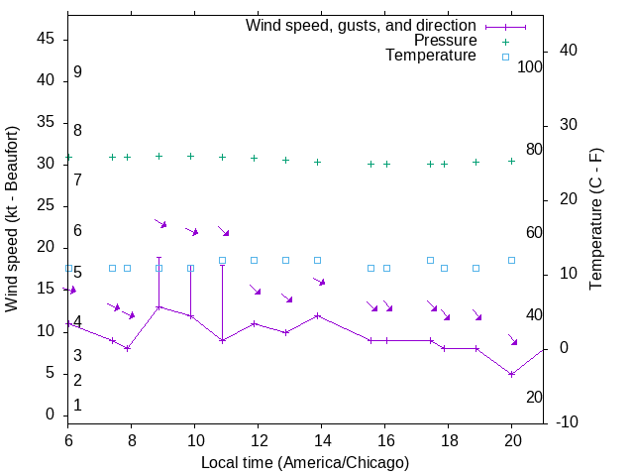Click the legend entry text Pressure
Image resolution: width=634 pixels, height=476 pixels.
445,41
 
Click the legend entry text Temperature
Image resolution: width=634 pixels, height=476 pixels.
431,56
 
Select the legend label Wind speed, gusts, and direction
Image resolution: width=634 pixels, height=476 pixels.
362,25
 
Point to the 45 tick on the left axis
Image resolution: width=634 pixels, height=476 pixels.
46,38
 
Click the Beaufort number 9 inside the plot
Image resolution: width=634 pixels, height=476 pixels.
77,72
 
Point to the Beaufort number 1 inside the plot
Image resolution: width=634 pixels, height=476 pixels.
77,406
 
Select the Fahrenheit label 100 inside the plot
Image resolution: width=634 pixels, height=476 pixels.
530,66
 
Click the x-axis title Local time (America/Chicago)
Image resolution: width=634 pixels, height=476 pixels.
305,462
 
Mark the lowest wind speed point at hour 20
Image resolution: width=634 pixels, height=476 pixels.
511,374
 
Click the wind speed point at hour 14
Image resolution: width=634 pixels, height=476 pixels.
318,315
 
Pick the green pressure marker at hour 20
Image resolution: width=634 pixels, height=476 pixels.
511,161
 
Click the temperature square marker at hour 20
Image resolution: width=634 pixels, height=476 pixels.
511,260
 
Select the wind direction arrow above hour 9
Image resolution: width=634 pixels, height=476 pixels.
160,224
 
